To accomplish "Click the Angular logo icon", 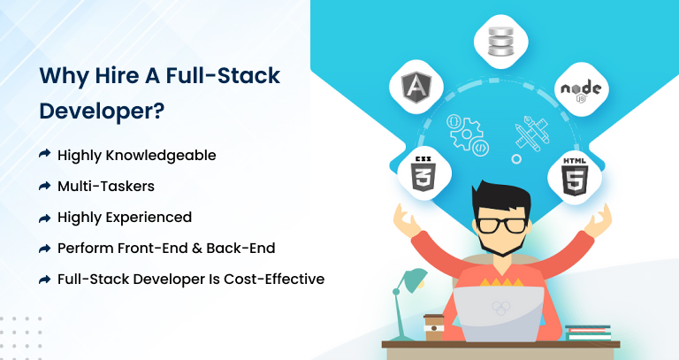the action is click(416, 87).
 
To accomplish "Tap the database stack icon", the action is click(501, 42).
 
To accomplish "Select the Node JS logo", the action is click(581, 91).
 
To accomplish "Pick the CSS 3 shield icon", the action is click(423, 173).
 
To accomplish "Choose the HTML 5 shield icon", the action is click(575, 176).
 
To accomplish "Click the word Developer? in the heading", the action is click(103, 111).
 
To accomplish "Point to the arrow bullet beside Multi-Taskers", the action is click(44, 186).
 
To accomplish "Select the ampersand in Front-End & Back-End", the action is click(196, 249).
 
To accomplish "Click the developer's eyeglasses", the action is click(501, 226).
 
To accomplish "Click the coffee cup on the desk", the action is click(433, 327).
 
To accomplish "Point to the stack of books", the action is click(588, 333).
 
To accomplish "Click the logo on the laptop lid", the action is click(501, 308).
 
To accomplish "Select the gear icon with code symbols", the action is click(467, 134).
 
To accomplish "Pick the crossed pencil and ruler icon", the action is click(531, 134).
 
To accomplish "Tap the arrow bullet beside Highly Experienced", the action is click(44, 218).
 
